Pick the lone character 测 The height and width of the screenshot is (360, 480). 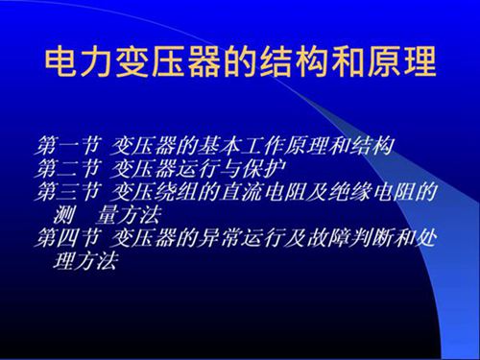tap(68, 214)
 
